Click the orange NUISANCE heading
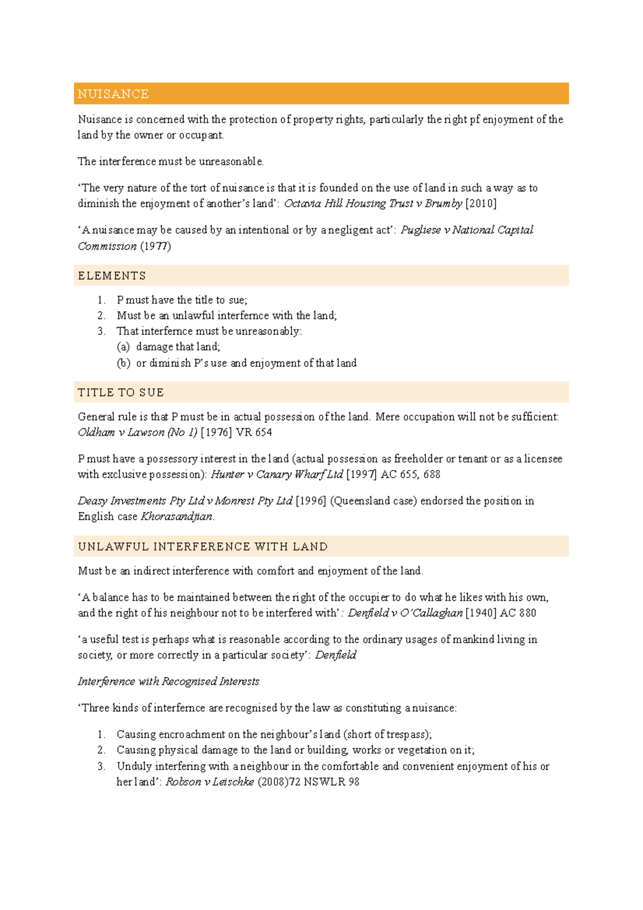tap(113, 94)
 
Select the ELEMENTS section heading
tap(111, 276)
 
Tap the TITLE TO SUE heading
tap(121, 393)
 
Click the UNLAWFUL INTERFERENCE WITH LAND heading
tap(203, 547)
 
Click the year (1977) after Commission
tap(155, 247)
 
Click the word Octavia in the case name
tap(302, 204)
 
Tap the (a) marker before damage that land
tap(123, 347)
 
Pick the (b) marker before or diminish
tap(123, 363)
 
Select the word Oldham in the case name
tap(96, 432)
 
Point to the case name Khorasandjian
tap(177, 517)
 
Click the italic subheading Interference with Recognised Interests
tap(168, 682)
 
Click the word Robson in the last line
tap(183, 782)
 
